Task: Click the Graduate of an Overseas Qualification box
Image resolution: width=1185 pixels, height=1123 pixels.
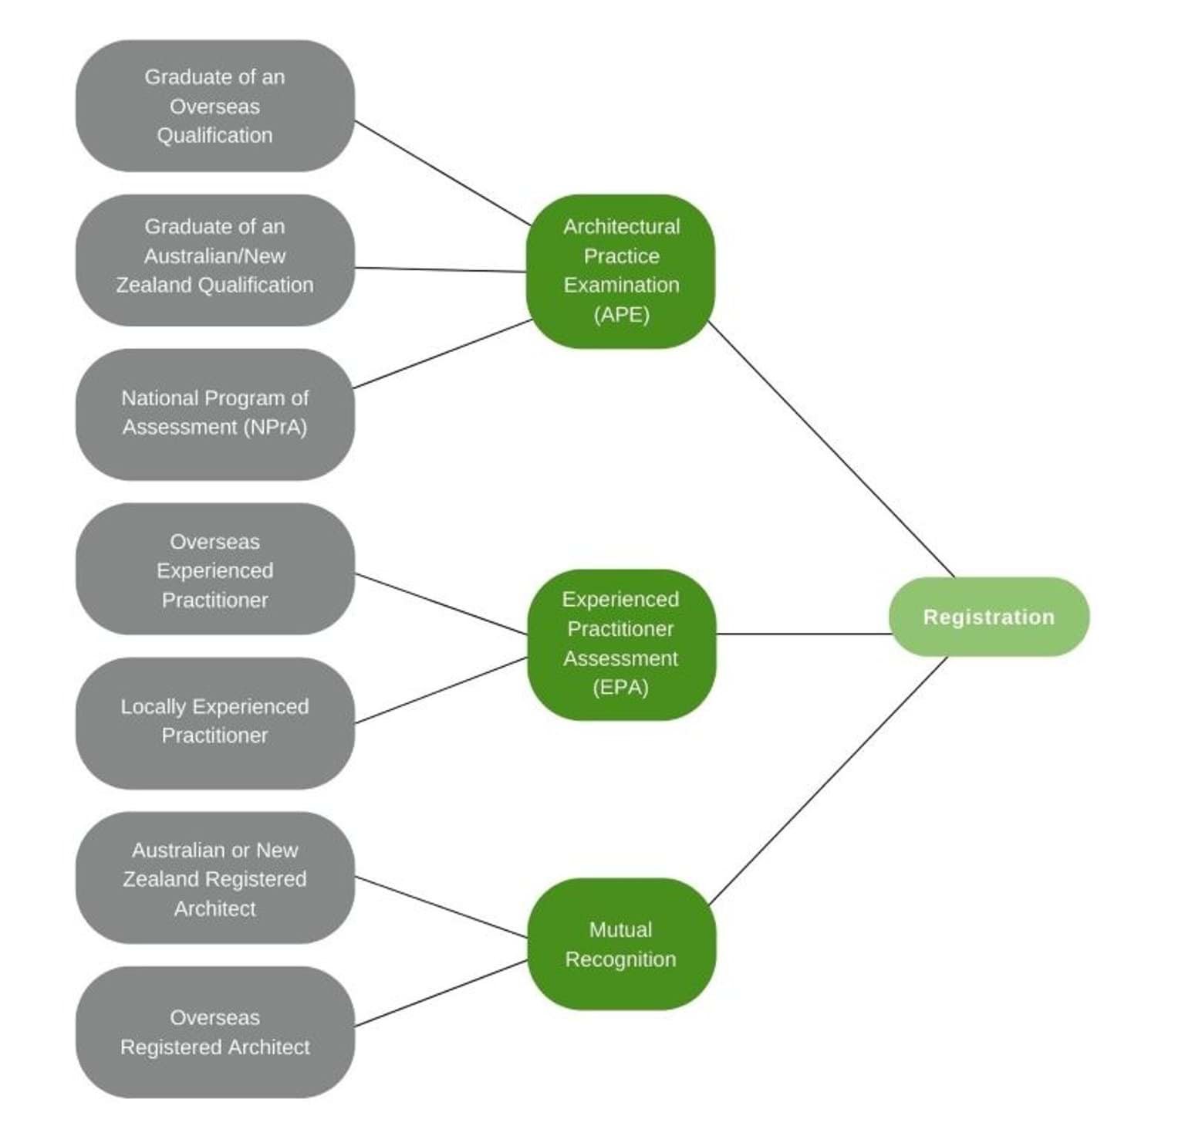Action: (214, 106)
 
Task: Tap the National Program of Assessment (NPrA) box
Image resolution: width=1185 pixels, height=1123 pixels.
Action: (214, 414)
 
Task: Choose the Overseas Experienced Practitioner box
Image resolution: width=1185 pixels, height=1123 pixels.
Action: (214, 570)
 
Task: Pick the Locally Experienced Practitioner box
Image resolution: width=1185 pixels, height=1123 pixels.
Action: (214, 722)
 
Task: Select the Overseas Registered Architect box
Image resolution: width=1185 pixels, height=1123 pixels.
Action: (214, 1032)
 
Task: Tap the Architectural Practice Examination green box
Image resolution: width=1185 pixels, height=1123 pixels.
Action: (621, 270)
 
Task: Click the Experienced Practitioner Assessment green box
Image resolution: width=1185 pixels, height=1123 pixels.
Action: (621, 644)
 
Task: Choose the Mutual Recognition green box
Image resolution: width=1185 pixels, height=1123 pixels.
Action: (621, 943)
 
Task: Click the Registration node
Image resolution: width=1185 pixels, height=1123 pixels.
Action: (988, 617)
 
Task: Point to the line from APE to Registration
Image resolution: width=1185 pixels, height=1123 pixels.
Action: (831, 449)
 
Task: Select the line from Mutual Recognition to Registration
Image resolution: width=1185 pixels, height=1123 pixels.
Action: (827, 781)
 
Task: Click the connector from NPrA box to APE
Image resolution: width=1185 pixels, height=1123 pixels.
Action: (442, 353)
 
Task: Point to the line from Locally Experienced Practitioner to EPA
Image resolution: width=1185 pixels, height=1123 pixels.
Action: (441, 690)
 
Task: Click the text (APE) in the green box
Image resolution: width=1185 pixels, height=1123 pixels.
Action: (621, 314)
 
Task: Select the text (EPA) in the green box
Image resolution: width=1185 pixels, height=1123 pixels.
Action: (621, 687)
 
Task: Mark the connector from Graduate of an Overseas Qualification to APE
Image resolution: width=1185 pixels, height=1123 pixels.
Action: (442, 173)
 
